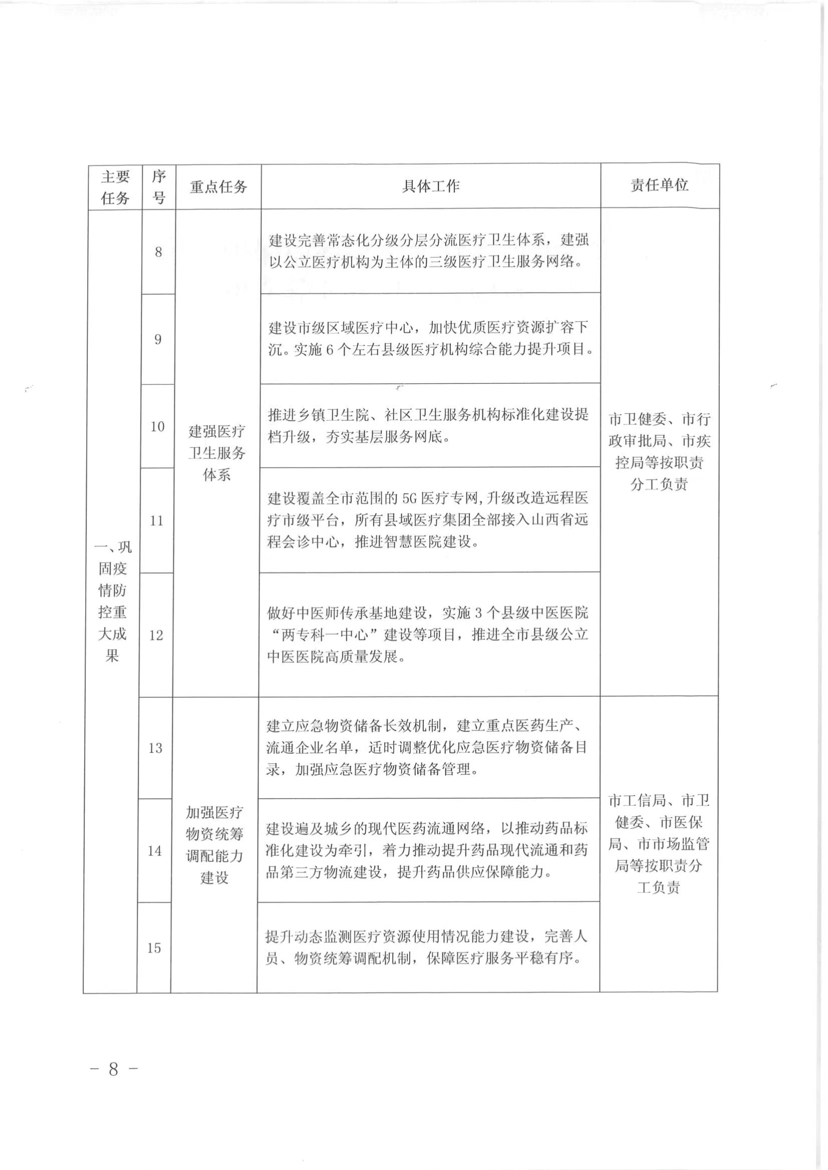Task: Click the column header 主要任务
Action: [115, 187]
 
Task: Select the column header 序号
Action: [159, 187]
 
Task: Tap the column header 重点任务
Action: [218, 187]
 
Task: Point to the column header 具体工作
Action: [430, 186]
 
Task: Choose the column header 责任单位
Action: [659, 185]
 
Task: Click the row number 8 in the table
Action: [159, 252]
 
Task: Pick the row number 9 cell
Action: [158, 339]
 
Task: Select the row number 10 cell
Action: [158, 427]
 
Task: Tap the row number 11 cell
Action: [156, 520]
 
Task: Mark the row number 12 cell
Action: [156, 635]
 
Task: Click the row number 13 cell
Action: [155, 747]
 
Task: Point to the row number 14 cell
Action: [155, 851]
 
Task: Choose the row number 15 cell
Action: [154, 948]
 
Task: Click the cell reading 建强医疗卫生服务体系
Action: [217, 453]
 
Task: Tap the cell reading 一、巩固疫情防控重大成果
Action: [113, 601]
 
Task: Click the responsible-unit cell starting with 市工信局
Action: [658, 844]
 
